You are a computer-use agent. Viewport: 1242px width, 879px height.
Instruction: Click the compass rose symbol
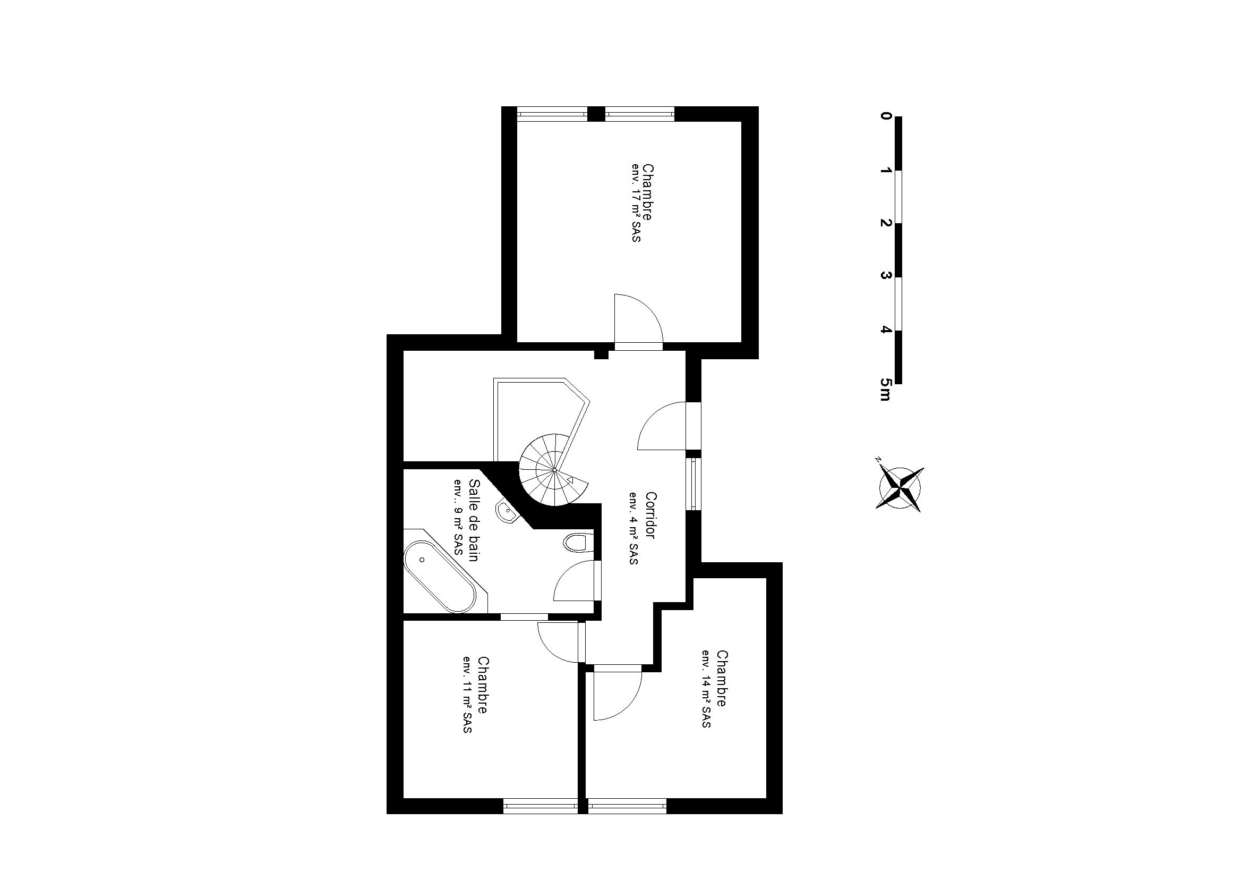click(899, 489)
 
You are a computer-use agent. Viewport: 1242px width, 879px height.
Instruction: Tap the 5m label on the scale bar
click(885, 389)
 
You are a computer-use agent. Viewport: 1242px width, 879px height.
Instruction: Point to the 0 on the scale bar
click(886, 116)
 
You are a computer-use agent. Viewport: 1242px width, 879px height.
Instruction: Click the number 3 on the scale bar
click(886, 275)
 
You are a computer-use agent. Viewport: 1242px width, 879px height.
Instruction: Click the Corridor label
click(651, 515)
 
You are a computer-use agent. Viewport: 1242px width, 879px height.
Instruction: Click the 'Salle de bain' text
click(474, 520)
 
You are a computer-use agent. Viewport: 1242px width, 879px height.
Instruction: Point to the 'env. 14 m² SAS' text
click(706, 688)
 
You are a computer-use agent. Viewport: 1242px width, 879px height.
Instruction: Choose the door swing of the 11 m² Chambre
click(560, 643)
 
